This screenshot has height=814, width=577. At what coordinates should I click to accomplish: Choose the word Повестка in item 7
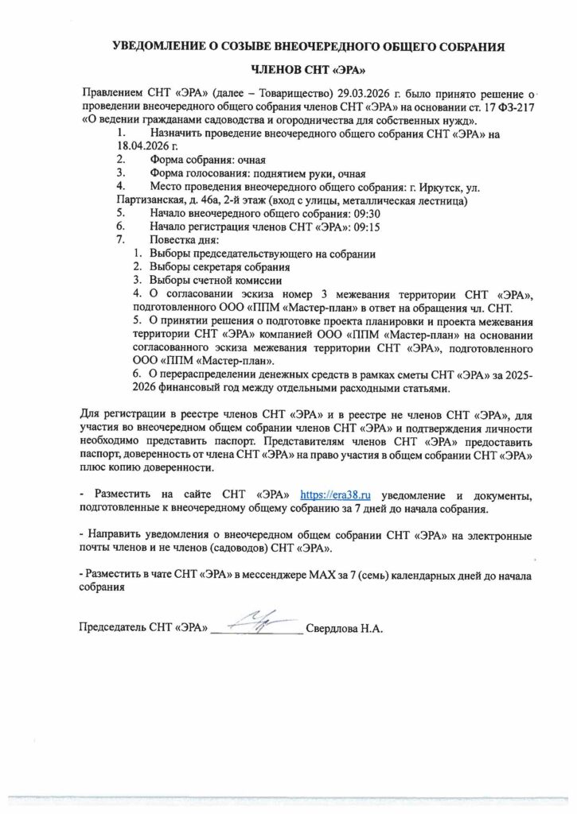pyautogui.click(x=173, y=240)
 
